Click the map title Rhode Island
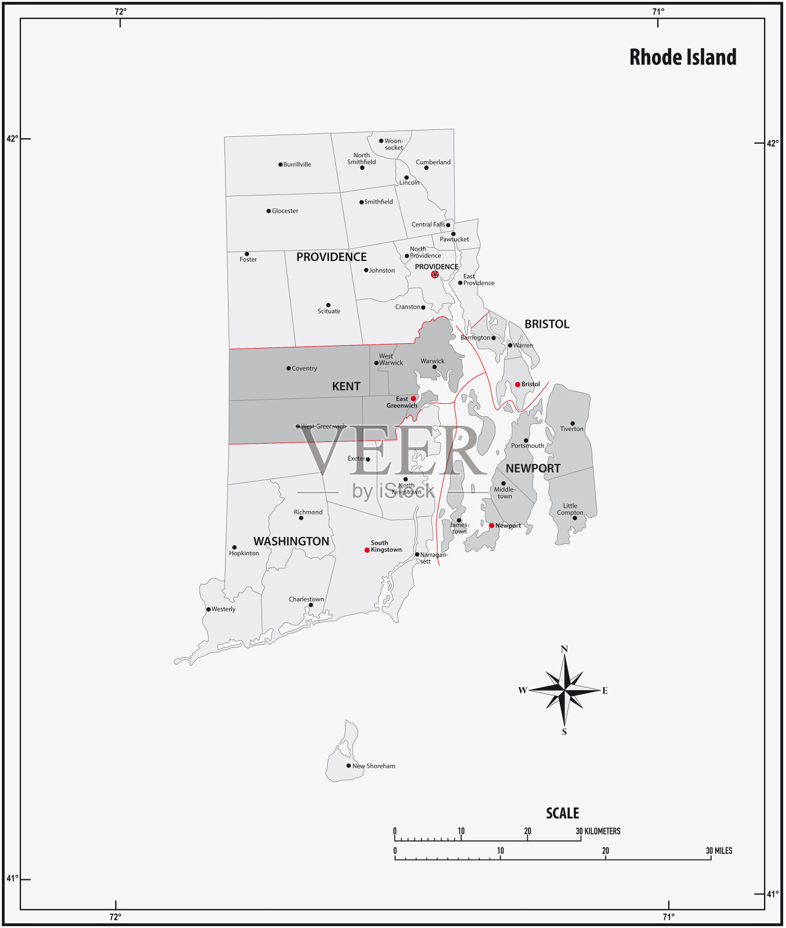click(x=683, y=57)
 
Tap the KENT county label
click(x=346, y=386)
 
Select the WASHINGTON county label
click(x=291, y=541)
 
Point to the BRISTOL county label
click(x=546, y=324)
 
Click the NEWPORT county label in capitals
click(x=533, y=468)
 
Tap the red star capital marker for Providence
click(x=435, y=274)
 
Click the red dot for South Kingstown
click(x=367, y=550)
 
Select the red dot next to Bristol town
click(x=517, y=385)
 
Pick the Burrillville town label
click(x=297, y=165)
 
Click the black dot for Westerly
click(x=208, y=610)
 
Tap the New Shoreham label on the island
click(x=374, y=766)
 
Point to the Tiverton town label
click(x=571, y=429)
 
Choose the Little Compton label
click(x=570, y=509)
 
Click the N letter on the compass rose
click(x=564, y=649)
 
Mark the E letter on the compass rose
click(x=605, y=691)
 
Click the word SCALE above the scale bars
click(x=562, y=813)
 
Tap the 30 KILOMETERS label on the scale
click(x=598, y=831)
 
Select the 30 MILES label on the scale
click(x=719, y=851)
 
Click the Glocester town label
click(x=285, y=211)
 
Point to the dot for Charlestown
click(x=310, y=605)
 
